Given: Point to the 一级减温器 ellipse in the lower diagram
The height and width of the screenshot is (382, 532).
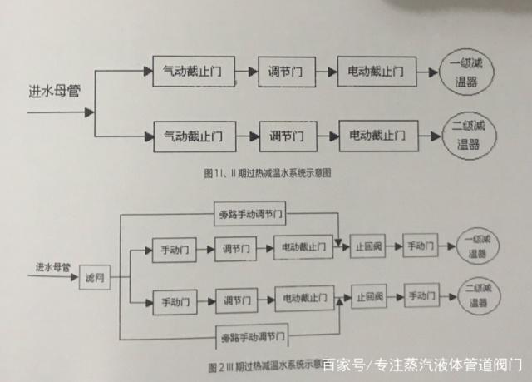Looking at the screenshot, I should (x=476, y=247).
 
